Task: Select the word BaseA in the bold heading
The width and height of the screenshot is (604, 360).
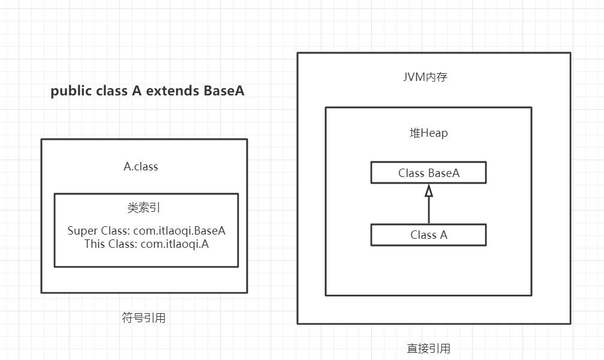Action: [x=224, y=91]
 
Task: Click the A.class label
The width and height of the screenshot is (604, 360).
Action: [x=141, y=167]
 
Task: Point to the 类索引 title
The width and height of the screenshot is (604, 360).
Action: [x=144, y=208]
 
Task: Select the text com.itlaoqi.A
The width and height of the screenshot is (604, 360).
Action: [x=175, y=244]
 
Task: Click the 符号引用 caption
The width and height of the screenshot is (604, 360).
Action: [x=143, y=318]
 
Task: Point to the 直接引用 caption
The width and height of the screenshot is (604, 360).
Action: [x=429, y=349]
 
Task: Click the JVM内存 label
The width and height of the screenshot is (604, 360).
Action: [x=425, y=77]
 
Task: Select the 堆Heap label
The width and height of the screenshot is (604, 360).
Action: [x=428, y=133]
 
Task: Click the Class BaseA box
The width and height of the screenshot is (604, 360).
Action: [x=428, y=173]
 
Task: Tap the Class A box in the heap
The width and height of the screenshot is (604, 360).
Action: [x=428, y=235]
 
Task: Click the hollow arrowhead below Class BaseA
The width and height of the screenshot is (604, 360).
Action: [x=429, y=191]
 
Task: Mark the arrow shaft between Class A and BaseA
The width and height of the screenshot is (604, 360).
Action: [x=429, y=210]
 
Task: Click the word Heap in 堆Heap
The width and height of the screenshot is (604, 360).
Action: [x=435, y=133]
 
